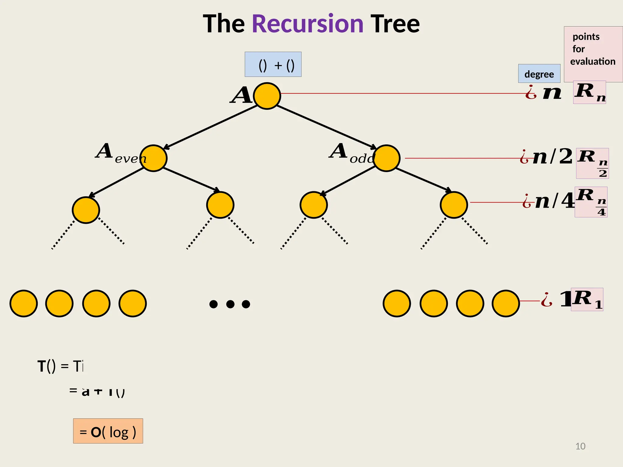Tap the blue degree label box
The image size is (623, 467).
click(539, 74)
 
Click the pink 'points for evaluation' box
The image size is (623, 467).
click(593, 54)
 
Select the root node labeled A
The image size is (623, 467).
click(267, 96)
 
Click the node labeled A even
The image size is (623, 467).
click(153, 158)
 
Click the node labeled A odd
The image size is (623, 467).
click(386, 158)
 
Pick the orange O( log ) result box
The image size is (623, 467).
click(108, 431)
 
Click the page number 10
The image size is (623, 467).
click(580, 446)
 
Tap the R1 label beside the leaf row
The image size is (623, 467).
click(587, 299)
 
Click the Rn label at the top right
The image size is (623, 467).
click(590, 92)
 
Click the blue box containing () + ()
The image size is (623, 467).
click(273, 64)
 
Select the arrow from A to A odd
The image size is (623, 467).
click(327, 127)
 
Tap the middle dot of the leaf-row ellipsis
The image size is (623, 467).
click(230, 304)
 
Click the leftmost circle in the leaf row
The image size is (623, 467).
click(23, 303)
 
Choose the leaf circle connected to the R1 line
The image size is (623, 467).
click(506, 303)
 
